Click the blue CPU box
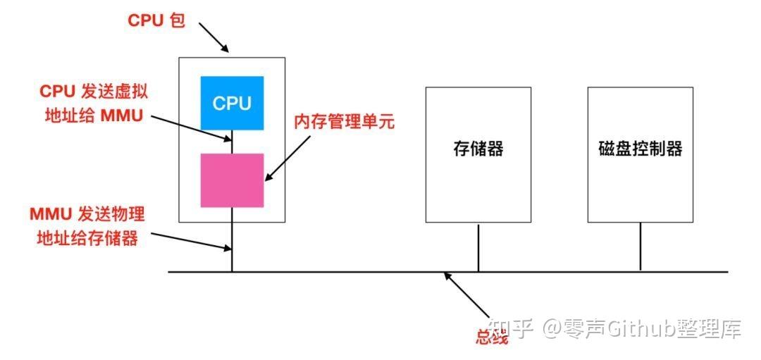pos(232,103)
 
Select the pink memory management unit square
pos(232,180)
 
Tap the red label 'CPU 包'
pos(156,20)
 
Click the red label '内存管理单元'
pos(344,121)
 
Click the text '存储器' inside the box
pos(478,149)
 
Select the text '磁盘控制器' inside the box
pos(641,149)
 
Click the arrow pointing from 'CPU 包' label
pos(213,37)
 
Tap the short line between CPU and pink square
pos(232,142)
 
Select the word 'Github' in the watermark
pos(638,328)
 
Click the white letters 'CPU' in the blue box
pos(232,104)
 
